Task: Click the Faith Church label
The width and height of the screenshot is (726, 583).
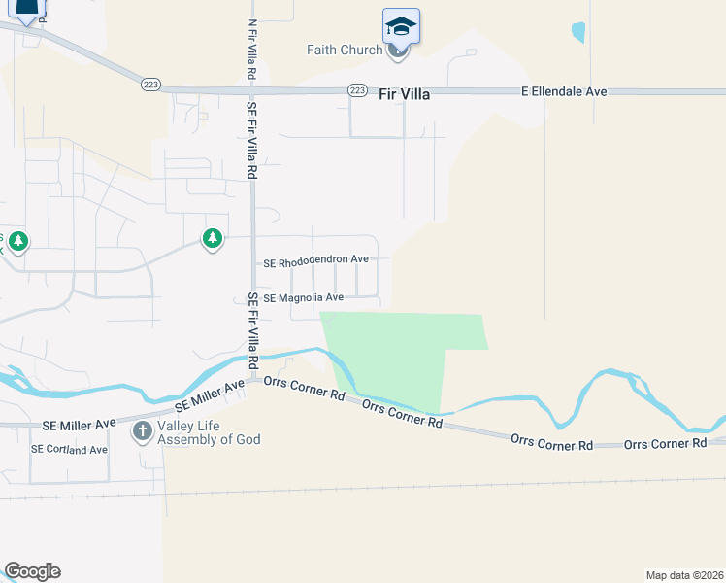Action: (344, 51)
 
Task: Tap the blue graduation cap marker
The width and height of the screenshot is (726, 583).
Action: (401, 25)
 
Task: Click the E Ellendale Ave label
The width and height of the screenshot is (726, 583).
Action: (564, 91)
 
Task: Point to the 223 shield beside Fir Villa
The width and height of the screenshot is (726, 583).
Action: (357, 90)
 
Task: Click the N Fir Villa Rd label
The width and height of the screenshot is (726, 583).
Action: (251, 50)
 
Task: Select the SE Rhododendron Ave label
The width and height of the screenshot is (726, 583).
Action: (316, 262)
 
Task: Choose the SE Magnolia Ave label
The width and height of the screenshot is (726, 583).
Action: (303, 297)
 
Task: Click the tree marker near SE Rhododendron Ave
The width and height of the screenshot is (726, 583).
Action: (212, 238)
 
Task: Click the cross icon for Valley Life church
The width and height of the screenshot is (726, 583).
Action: (143, 430)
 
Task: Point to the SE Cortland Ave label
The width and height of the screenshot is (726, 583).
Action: (69, 450)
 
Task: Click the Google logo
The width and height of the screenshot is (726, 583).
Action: (32, 571)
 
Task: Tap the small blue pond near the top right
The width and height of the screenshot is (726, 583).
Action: (578, 32)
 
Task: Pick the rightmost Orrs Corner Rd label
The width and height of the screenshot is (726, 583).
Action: (665, 444)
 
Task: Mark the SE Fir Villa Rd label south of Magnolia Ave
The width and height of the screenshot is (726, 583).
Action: (252, 328)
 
